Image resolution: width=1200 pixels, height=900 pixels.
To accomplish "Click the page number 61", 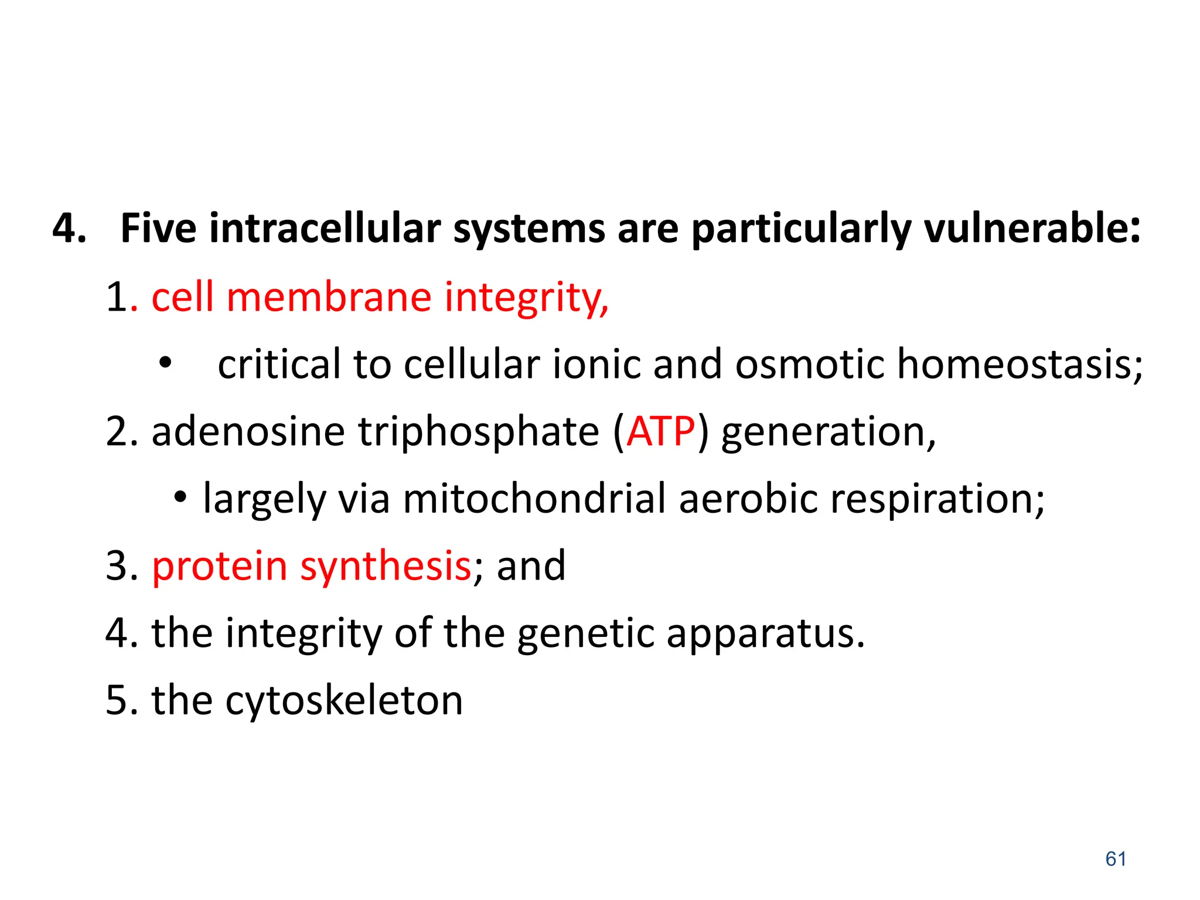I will pyautogui.click(x=1116, y=859).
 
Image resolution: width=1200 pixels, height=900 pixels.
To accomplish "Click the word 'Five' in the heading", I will pyautogui.click(x=158, y=228).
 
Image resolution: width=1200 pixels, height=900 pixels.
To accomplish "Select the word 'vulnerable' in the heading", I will pyautogui.click(x=1025, y=228).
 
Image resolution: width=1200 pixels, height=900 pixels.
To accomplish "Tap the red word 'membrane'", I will pyautogui.click(x=329, y=297).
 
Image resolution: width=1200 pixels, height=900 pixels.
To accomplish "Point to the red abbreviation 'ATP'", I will pyautogui.click(x=660, y=432).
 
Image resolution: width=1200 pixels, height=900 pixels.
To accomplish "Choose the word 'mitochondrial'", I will pyautogui.click(x=534, y=499).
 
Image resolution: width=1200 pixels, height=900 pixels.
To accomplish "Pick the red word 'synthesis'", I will pyautogui.click(x=386, y=567).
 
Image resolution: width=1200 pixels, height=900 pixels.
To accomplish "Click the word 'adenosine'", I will pyautogui.click(x=248, y=432).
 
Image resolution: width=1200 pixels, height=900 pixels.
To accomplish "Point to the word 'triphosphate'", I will pyautogui.click(x=479, y=432).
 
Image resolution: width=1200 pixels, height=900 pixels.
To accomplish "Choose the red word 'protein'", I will pyautogui.click(x=219, y=567).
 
